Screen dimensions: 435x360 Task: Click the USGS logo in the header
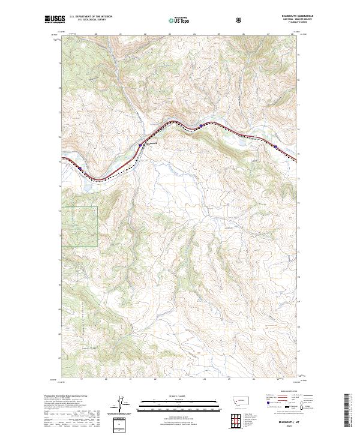pos(53,19)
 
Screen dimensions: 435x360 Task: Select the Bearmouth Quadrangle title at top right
pos(297,17)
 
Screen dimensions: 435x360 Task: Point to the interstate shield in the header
pos(241,20)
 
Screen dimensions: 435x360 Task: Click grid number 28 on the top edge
pos(292,34)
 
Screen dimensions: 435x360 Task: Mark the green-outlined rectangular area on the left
pos(79,226)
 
